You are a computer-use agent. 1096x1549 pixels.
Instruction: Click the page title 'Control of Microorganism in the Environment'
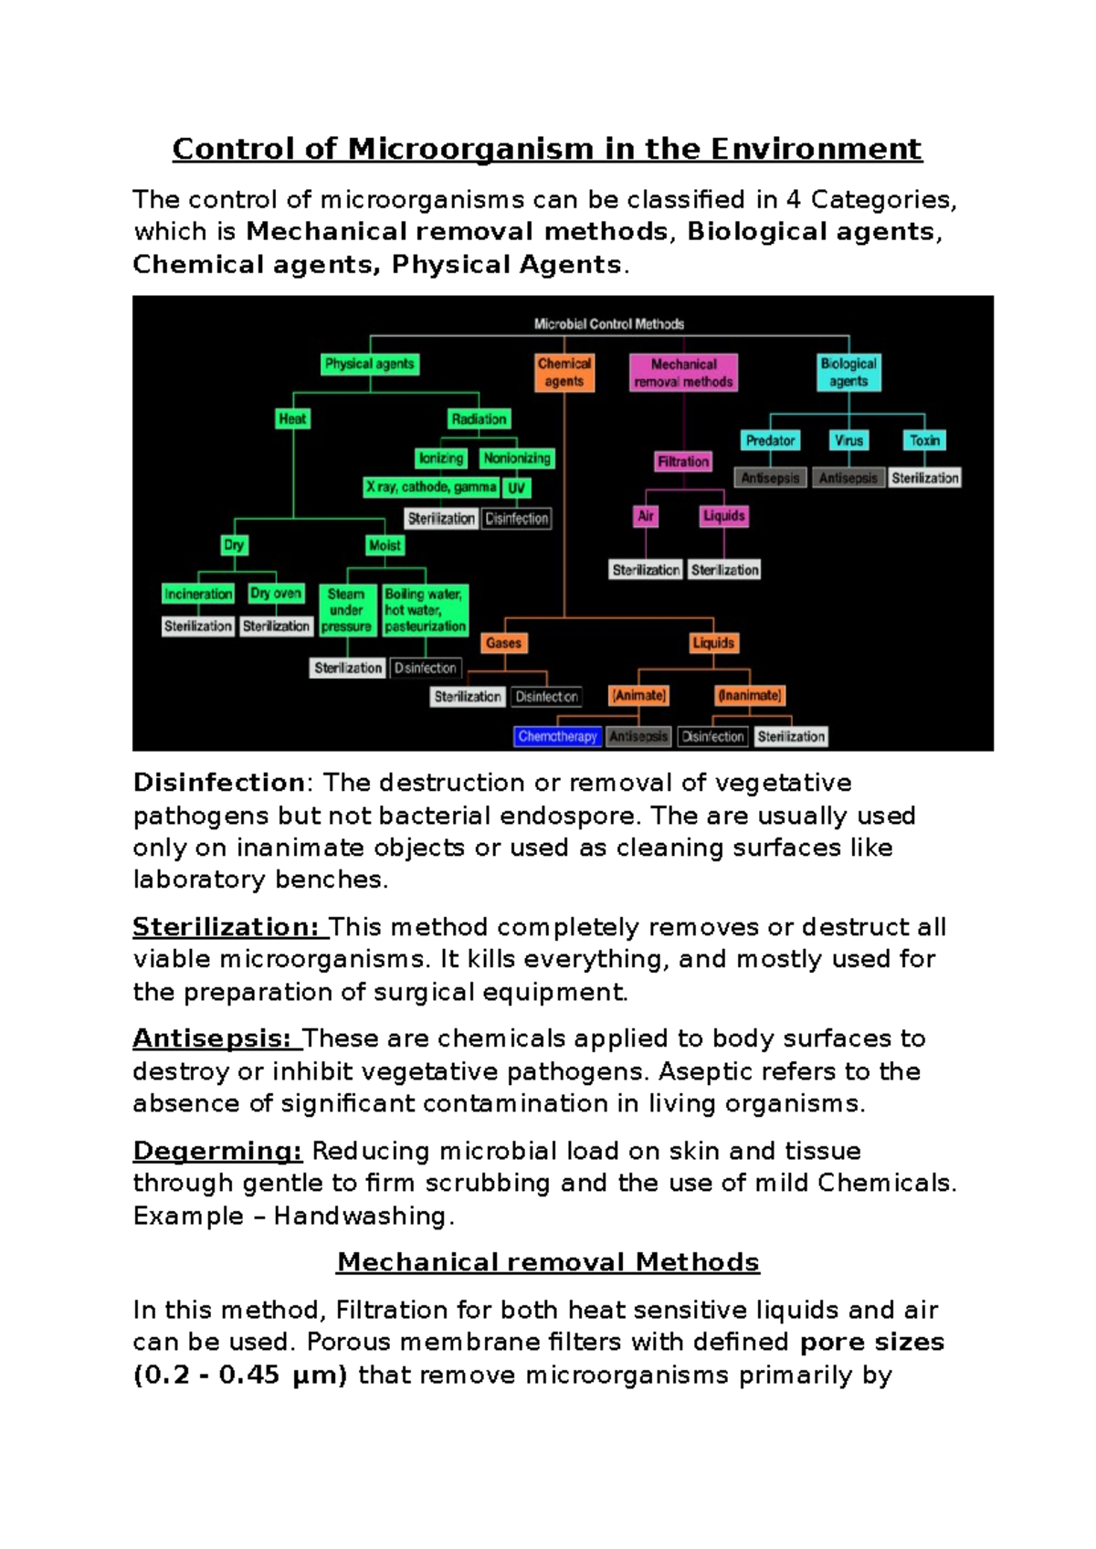(547, 149)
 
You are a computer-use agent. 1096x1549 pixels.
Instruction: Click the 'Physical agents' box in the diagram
(370, 364)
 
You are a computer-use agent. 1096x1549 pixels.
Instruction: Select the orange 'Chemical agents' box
(564, 373)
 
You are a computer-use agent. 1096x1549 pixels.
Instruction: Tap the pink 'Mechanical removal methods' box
(683, 373)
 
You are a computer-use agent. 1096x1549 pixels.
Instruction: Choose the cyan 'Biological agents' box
(848, 373)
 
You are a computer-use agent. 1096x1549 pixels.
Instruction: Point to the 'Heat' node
(292, 419)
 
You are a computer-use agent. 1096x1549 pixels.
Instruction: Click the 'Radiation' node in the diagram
(479, 419)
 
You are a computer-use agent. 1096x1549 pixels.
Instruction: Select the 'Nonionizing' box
(517, 458)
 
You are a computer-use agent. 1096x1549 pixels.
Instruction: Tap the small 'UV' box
(517, 488)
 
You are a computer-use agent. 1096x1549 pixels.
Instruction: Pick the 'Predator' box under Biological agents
(770, 440)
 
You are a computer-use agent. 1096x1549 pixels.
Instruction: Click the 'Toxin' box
(924, 440)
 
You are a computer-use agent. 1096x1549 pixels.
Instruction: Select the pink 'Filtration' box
(683, 462)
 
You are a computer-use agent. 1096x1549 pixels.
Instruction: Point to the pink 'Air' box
(646, 516)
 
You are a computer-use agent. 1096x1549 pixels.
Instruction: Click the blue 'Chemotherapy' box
(557, 736)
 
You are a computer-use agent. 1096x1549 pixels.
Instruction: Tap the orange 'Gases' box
(503, 643)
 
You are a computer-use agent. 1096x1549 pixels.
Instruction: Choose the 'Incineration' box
(198, 594)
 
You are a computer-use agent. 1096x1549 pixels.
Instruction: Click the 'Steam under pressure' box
(346, 610)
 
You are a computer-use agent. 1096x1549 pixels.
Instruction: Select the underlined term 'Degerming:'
(217, 1151)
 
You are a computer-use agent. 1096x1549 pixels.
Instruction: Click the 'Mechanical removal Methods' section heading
(548, 1262)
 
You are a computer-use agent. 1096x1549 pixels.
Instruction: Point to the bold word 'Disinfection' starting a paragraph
(219, 783)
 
